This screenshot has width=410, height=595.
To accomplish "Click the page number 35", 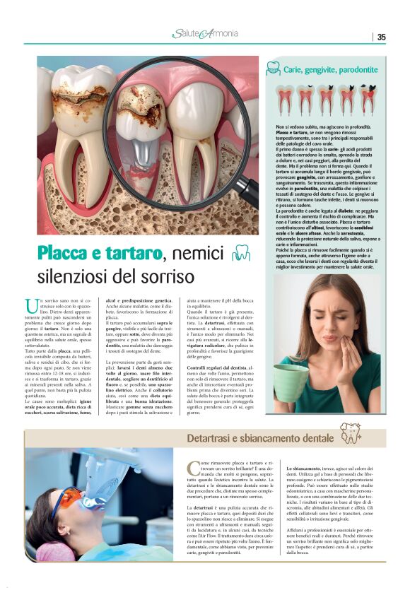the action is coord(381,37).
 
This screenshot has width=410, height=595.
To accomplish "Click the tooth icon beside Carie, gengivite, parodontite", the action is coord(273,69).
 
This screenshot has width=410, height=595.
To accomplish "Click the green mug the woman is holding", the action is coord(291,382).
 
